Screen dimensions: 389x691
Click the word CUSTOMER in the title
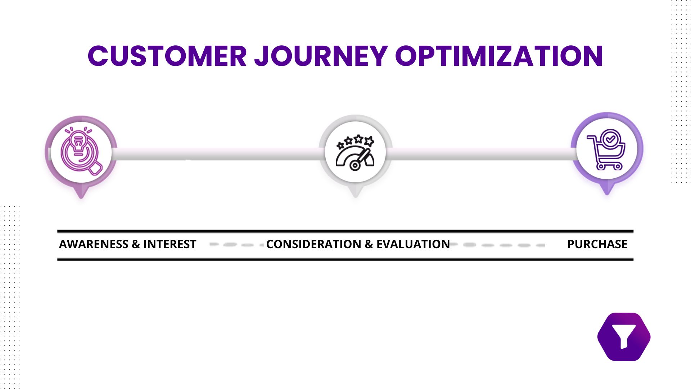click(167, 56)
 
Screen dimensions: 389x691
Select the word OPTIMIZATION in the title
click(499, 56)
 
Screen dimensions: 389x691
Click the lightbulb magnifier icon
click(81, 152)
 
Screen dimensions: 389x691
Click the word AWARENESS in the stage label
click(94, 244)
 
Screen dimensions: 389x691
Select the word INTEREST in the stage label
click(170, 244)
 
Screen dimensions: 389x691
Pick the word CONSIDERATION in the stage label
click(313, 244)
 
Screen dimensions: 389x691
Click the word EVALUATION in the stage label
click(413, 244)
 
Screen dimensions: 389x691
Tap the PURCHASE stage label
click(597, 244)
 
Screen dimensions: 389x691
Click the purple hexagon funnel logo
click(624, 337)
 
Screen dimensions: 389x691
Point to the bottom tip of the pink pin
click(81, 197)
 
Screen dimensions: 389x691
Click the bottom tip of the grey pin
click(356, 197)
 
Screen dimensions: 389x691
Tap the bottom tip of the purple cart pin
click(607, 194)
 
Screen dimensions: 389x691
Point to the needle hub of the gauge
click(355, 166)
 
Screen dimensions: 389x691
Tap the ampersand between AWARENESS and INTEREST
click(136, 244)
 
